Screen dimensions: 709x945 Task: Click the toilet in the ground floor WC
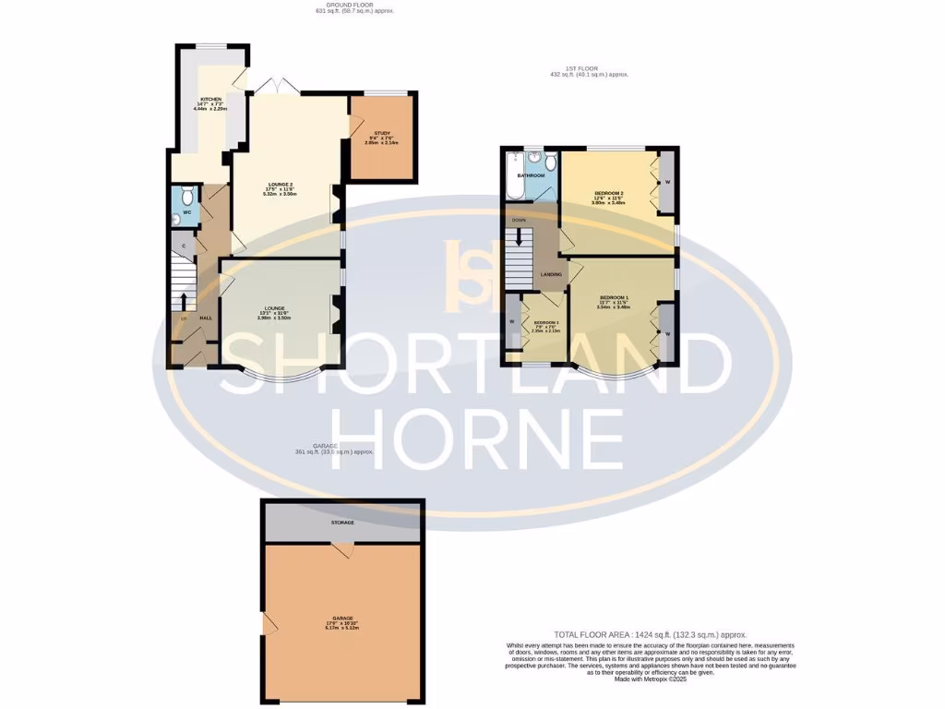187,195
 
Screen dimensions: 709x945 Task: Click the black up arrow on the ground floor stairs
184,300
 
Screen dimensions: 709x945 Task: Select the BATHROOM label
531,174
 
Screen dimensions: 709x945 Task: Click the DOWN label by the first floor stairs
519,220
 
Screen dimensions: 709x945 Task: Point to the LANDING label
552,275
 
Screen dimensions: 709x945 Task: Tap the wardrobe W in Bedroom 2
664,182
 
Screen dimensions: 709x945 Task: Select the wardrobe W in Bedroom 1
667,331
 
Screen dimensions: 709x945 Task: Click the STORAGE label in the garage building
343,523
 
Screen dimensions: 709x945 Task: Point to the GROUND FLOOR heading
334,6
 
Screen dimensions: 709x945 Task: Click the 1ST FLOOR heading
588,68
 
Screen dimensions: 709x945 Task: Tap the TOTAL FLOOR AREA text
644,635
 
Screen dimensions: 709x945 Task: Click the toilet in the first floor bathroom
550,165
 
